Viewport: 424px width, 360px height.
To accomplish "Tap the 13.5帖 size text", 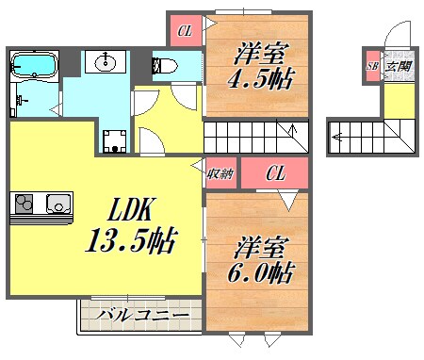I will (129, 241).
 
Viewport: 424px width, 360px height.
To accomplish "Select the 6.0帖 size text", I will (262, 273).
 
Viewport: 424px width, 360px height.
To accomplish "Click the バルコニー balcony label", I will (136, 315).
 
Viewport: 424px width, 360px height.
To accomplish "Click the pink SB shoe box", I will (372, 65).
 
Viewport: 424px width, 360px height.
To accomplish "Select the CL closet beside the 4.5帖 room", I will (185, 30).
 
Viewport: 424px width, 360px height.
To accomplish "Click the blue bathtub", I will (35, 65).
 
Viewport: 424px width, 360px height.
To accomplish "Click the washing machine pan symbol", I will (115, 139).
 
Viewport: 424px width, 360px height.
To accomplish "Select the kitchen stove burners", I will (25, 203).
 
